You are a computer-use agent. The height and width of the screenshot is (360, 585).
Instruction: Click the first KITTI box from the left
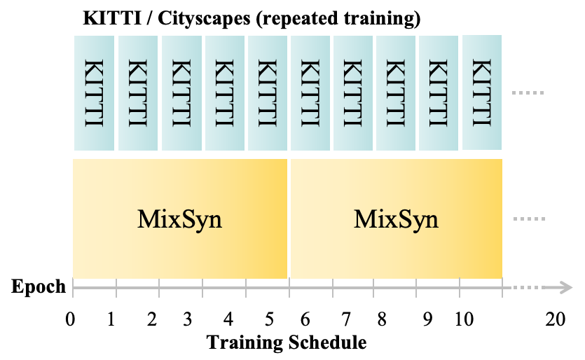coord(94,92)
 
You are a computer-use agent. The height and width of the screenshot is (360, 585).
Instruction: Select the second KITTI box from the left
coord(138,92)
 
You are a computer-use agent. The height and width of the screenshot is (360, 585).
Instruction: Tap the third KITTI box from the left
coord(181,92)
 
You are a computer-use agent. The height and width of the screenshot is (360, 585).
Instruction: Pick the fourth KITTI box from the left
coord(224,92)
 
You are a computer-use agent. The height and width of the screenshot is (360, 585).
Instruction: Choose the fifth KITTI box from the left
coord(268,92)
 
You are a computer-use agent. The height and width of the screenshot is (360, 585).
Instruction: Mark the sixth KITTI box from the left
coord(310,92)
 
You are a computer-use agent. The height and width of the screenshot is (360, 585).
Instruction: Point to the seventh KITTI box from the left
coord(353,92)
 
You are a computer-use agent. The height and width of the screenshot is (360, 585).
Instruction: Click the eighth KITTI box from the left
coord(396,92)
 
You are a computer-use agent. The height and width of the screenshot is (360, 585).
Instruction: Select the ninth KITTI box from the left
coord(439,92)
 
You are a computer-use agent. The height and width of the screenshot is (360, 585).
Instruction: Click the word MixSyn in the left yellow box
coord(180,219)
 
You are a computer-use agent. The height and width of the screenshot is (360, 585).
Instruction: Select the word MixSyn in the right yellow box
coord(397,219)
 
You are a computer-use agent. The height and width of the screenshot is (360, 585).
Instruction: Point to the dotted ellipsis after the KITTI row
coord(529,92)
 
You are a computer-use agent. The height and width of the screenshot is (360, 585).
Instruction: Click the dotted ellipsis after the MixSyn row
coord(529,219)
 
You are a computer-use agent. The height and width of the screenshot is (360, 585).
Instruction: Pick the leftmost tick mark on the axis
coord(73,288)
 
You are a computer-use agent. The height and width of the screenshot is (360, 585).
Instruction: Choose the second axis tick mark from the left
coord(116,288)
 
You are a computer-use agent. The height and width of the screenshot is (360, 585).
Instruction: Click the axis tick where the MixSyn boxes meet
coord(289,288)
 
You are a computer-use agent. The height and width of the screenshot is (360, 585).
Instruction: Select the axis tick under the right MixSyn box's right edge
coord(502,288)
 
